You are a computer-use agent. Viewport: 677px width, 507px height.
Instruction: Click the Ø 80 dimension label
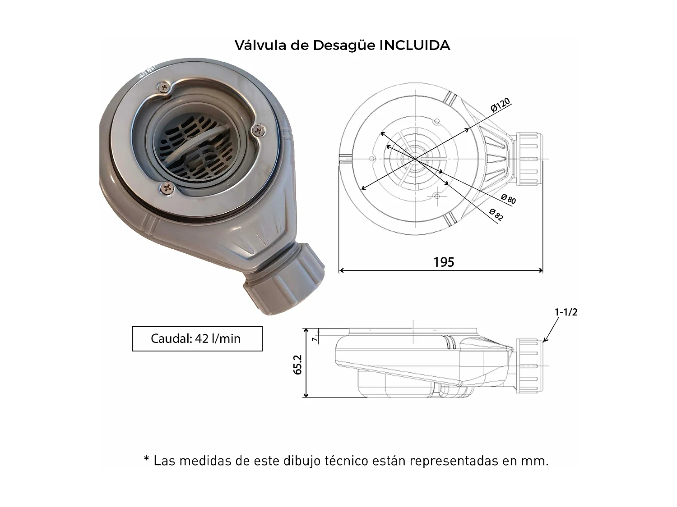508,199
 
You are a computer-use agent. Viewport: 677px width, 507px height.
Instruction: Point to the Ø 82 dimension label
496,214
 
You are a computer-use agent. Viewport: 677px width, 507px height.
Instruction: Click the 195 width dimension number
444,262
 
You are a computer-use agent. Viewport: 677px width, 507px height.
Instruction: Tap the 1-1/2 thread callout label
566,312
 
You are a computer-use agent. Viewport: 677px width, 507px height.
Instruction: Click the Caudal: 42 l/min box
197,339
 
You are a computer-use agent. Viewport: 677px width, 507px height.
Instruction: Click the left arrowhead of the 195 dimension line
341,270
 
